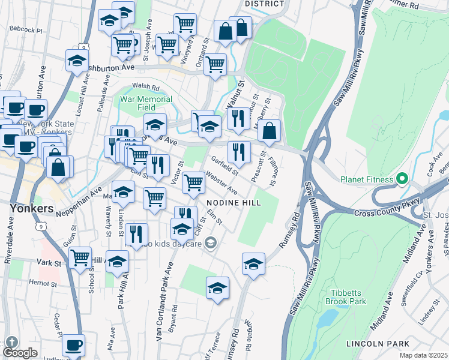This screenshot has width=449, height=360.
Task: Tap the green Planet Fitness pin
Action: coord(402,179)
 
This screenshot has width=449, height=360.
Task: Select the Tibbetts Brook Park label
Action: coord(345,297)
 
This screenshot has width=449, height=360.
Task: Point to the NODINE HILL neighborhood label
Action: coord(234,203)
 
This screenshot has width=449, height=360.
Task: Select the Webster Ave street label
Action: coord(221,183)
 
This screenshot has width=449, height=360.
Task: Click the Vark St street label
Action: coord(49,263)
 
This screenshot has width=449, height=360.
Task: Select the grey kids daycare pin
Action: coord(210,242)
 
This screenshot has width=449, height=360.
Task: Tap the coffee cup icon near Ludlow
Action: coord(73,345)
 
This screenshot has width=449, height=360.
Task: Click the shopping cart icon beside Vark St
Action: coord(80,258)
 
